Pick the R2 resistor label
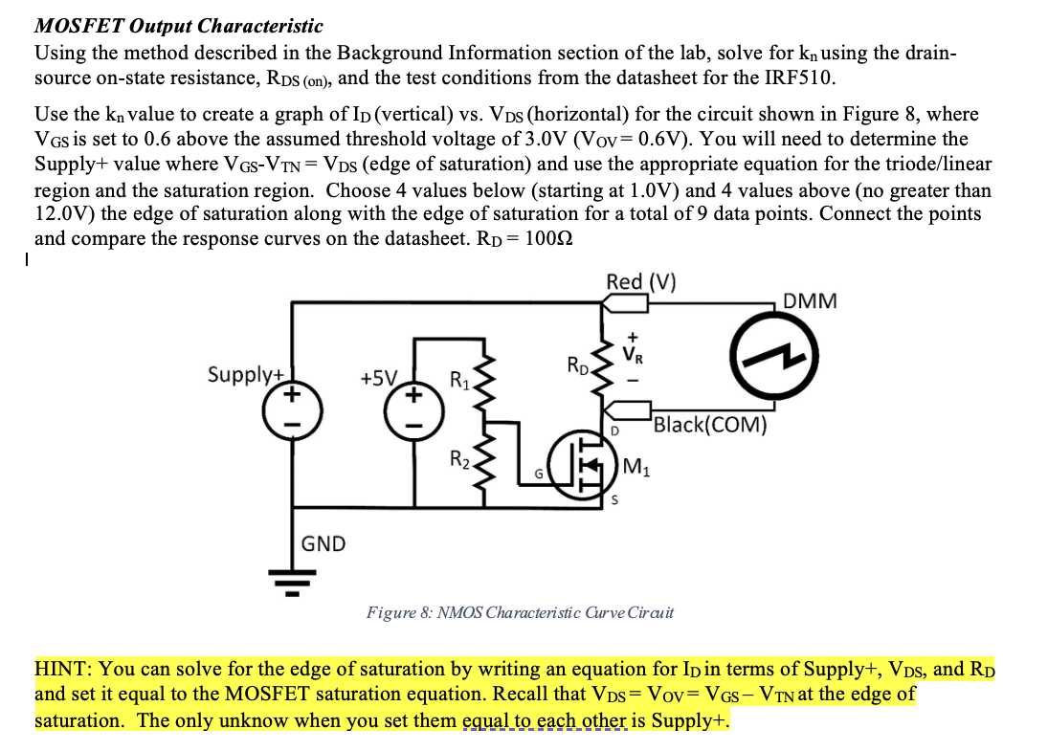pyautogui.click(x=459, y=457)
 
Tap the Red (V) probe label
pyautogui.click(x=640, y=281)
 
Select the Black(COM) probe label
pyautogui.click(x=710, y=425)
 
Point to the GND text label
pyautogui.click(x=323, y=544)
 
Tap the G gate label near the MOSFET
pyautogui.click(x=540, y=475)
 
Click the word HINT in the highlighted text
pyautogui.click(x=64, y=668)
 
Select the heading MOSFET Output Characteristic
pyautogui.click(x=179, y=26)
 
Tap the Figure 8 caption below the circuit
pyautogui.click(x=520, y=611)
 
